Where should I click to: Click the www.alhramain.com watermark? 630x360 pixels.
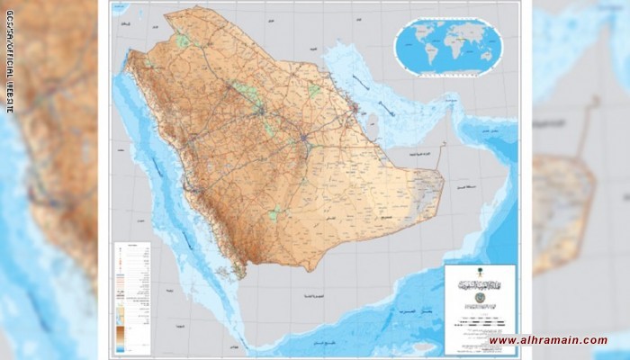548,340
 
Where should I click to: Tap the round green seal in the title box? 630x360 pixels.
480,298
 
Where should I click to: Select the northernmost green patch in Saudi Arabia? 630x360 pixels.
184,40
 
